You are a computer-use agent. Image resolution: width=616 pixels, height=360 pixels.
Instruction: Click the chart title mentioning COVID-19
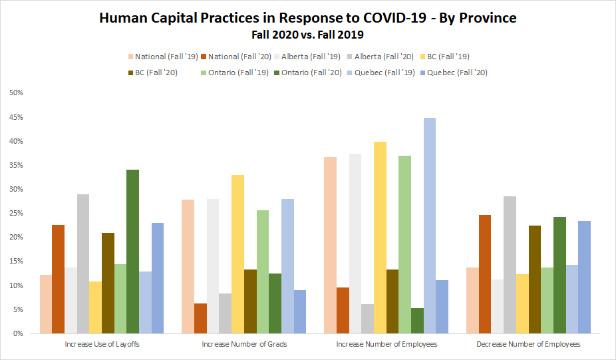tap(307, 18)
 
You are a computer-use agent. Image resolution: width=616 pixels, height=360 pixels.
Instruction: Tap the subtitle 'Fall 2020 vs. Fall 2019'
tap(307, 35)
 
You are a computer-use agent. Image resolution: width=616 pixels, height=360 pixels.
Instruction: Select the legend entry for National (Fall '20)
tap(236, 57)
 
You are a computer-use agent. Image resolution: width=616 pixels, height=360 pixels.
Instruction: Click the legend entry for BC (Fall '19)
tap(445, 57)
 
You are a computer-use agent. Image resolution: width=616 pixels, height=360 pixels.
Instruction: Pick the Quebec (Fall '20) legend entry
tap(454, 73)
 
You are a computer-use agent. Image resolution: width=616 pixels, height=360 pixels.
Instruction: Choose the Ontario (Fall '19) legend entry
tap(235, 73)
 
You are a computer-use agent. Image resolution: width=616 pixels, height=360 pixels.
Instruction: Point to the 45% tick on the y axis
tap(17, 117)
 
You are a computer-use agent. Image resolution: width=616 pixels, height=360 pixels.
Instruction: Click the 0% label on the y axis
tap(18, 333)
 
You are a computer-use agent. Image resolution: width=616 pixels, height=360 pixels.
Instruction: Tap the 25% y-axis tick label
tap(17, 214)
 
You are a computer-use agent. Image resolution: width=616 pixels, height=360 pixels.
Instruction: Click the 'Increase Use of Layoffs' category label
tap(102, 344)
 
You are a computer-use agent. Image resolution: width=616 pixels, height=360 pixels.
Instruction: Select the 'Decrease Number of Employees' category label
tap(528, 344)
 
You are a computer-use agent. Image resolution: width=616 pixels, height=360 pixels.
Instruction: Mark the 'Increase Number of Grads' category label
tap(244, 344)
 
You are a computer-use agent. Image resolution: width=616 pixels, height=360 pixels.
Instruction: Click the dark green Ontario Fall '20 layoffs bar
tap(133, 252)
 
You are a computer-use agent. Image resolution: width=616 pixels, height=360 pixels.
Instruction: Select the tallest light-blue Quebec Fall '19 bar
tap(430, 226)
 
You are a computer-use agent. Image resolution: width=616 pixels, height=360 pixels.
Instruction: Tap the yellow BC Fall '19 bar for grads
tap(237, 254)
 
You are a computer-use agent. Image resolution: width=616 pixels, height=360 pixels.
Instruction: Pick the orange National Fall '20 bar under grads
tap(200, 318)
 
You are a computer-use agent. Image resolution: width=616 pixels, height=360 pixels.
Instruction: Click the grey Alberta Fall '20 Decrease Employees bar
tap(510, 265)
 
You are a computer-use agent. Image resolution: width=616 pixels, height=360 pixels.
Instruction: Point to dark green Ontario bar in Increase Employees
tap(417, 321)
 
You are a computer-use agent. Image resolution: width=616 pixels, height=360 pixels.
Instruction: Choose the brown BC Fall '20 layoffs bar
tap(108, 283)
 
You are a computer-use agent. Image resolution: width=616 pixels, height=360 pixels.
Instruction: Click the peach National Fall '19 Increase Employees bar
tap(330, 246)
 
